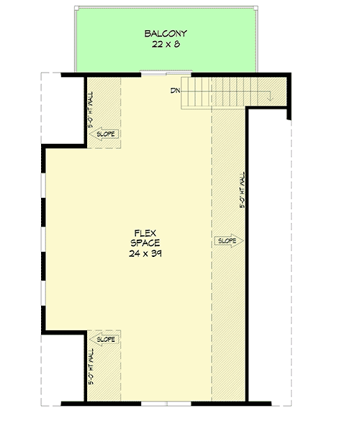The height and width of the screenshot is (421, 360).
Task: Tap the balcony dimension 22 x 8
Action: click(x=166, y=45)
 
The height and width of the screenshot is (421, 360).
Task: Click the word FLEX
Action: click(x=146, y=232)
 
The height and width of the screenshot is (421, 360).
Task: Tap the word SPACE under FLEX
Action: click(x=146, y=243)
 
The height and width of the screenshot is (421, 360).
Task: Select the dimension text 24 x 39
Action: click(x=146, y=254)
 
